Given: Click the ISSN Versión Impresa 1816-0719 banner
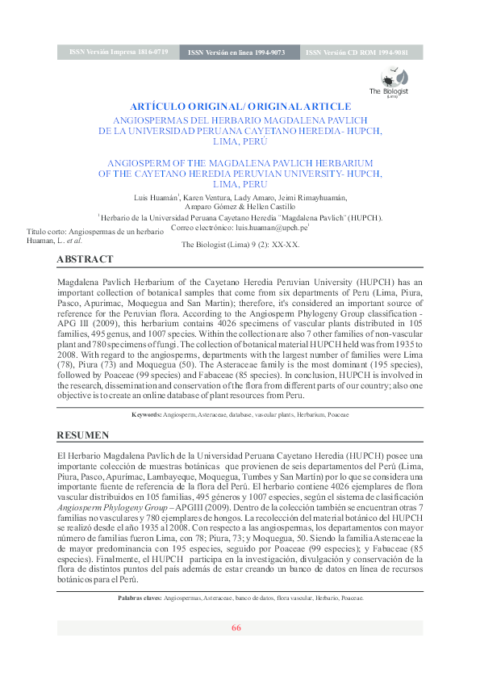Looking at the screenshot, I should [x=119, y=52].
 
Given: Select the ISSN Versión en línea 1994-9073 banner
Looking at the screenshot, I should [x=236, y=52].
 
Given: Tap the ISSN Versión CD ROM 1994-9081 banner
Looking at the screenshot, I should [x=356, y=52].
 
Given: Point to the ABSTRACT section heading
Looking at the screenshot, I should [x=85, y=259].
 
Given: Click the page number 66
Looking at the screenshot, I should [x=236, y=628].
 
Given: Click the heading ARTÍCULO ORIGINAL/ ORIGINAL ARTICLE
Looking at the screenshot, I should [x=240, y=107].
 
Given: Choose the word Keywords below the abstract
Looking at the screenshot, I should [x=146, y=414].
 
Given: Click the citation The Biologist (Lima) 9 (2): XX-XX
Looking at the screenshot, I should [x=240, y=243].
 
